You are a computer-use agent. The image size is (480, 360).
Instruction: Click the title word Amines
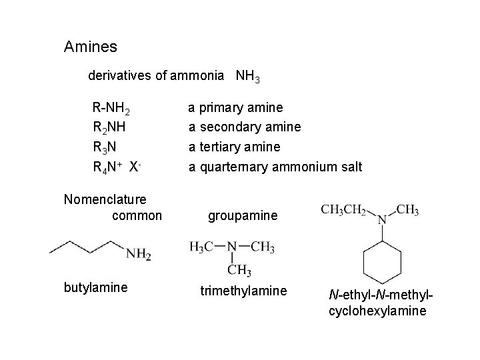pos(91,47)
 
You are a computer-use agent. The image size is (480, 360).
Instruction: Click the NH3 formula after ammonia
pos(247,76)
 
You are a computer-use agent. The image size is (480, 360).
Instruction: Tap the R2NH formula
pos(110,127)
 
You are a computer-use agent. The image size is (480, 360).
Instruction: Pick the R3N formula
pos(107,147)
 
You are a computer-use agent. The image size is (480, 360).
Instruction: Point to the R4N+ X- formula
pos(115,166)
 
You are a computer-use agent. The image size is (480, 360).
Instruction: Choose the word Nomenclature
pos(105,198)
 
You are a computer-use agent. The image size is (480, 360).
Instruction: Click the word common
pos(137,215)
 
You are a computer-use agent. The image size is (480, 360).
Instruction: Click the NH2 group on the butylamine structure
pos(139,253)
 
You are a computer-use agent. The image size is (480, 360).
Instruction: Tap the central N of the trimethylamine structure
pos(231,247)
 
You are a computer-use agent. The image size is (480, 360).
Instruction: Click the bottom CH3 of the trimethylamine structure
pos(239,270)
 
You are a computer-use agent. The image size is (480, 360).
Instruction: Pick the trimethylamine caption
pos(244,291)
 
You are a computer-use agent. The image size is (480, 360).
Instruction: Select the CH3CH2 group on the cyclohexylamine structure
pos(344,211)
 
